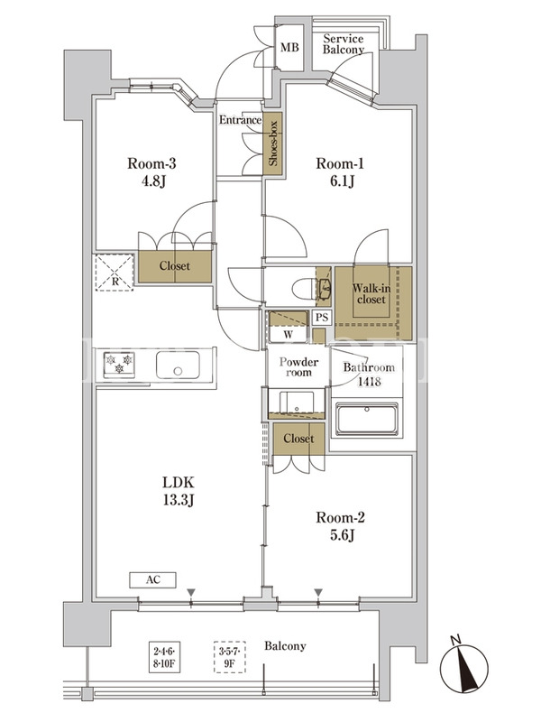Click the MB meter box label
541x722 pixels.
point(289,47)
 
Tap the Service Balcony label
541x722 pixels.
point(344,44)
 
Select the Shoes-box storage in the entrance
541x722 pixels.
point(272,143)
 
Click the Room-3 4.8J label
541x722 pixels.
point(151,171)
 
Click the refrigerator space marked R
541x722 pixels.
point(115,273)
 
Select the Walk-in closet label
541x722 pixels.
point(371,294)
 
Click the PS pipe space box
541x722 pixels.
point(322,318)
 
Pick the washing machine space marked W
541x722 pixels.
point(288,335)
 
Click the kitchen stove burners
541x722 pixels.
point(119,365)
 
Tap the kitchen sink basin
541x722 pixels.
point(178,366)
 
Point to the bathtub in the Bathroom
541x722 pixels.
point(367,419)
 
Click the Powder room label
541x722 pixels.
point(298,367)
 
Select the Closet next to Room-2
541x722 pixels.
point(298,439)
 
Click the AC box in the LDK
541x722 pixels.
point(152,579)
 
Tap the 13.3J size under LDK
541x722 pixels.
point(178,500)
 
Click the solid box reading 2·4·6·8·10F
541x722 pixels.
point(164,657)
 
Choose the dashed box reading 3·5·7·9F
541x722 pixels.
point(230,657)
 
